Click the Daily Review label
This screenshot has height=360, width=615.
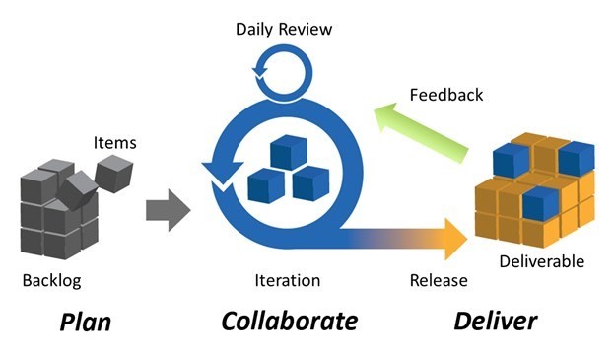pyautogui.click(x=284, y=29)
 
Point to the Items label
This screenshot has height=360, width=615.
pyautogui.click(x=115, y=143)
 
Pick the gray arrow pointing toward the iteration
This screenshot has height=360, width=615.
pyautogui.click(x=168, y=211)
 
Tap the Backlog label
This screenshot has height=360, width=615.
pyautogui.click(x=51, y=281)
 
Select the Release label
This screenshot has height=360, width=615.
pyautogui.click(x=439, y=281)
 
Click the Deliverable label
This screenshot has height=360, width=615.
pyautogui.click(x=541, y=261)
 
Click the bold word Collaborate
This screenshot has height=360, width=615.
pyautogui.click(x=289, y=322)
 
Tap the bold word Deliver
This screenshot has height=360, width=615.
pyautogui.click(x=495, y=322)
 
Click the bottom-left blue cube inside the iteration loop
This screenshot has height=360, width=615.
pyautogui.click(x=265, y=184)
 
